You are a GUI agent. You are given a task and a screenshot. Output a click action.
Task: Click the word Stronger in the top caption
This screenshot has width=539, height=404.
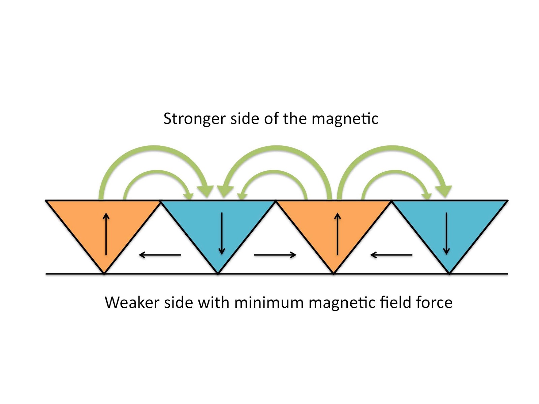pos(194,119)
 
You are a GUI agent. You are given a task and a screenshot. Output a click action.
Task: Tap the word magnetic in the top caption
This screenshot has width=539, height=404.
pos(345,119)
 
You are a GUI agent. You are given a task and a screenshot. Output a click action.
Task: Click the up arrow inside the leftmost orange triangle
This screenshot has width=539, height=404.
pos(106,234)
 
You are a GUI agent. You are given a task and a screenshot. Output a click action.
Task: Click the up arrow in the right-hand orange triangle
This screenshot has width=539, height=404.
pos(338,234)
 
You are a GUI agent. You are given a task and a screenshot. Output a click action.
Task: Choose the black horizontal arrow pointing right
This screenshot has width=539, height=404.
pos(275,255)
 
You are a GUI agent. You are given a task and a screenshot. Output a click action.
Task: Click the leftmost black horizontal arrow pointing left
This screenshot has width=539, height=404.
pos(160,255)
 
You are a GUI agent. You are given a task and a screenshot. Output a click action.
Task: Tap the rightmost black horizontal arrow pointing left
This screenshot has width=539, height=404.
pos(391,255)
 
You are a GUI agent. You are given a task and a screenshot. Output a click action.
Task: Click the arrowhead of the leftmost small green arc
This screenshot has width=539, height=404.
pos(188,195)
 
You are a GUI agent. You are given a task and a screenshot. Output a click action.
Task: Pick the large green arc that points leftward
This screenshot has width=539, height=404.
pos(276,150)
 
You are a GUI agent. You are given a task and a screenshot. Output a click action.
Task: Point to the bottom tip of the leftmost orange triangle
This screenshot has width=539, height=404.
pos(104,273)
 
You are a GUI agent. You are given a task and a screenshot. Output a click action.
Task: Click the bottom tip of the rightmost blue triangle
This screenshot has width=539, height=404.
pos(449,273)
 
